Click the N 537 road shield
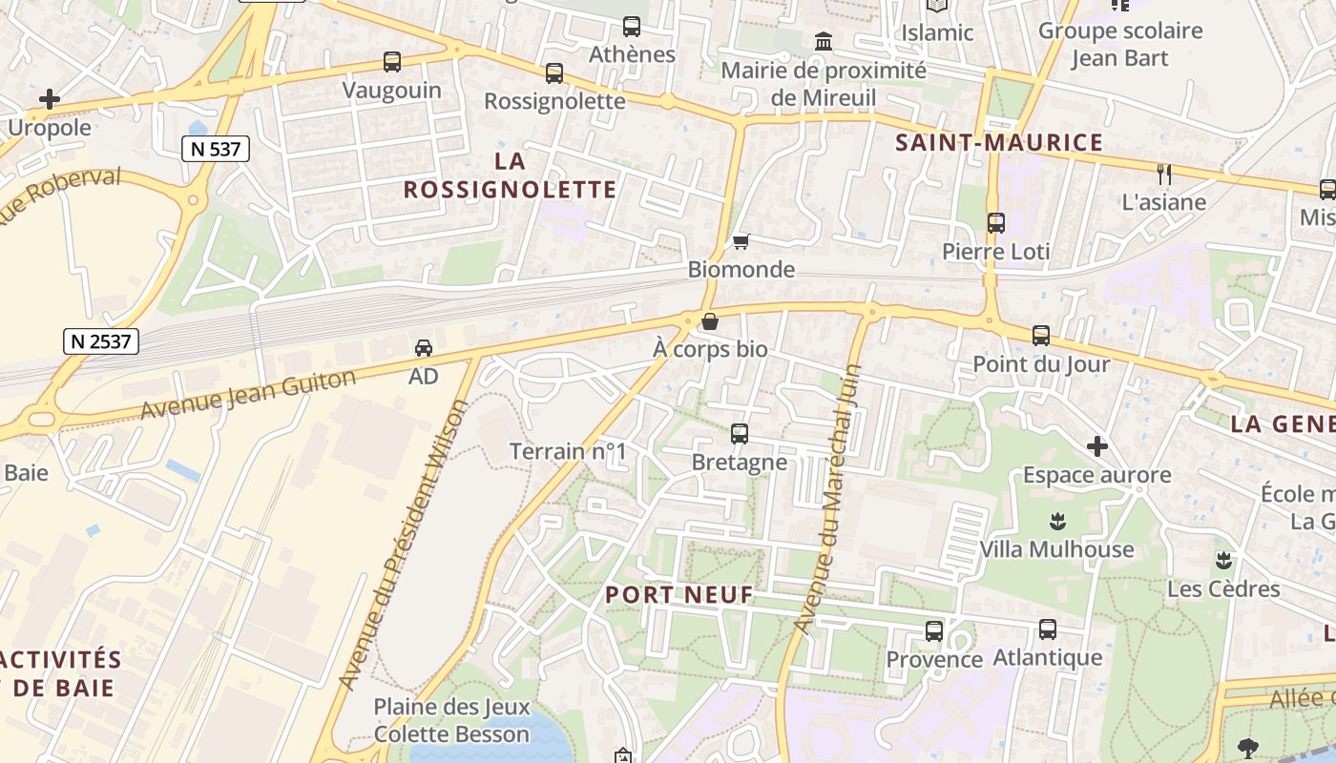click(x=216, y=149)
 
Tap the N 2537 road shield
click(x=101, y=340)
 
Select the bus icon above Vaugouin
click(x=392, y=62)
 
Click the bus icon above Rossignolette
click(x=554, y=72)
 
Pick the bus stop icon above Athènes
click(x=632, y=27)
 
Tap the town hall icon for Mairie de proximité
click(x=824, y=42)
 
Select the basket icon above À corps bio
click(x=709, y=322)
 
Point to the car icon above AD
click(x=424, y=348)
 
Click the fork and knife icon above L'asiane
click(x=1163, y=174)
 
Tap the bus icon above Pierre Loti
click(x=996, y=223)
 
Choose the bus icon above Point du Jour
click(x=1041, y=336)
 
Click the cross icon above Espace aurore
click(x=1097, y=445)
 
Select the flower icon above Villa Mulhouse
click(x=1056, y=521)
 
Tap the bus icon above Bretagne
click(x=740, y=434)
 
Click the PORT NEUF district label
click(x=679, y=595)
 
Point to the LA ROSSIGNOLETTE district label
click(x=510, y=175)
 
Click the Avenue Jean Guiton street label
click(x=248, y=393)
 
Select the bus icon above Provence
click(x=934, y=631)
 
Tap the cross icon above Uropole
click(x=50, y=99)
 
